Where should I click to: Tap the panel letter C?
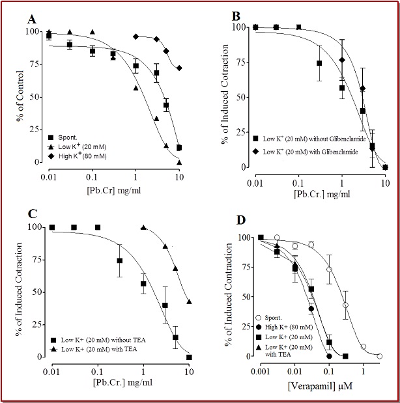[29, 214]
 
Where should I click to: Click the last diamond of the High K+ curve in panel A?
[179, 68]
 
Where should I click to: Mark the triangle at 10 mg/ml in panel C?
[189, 301]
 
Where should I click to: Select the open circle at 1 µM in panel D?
[364, 347]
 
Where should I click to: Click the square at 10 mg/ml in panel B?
[384, 167]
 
